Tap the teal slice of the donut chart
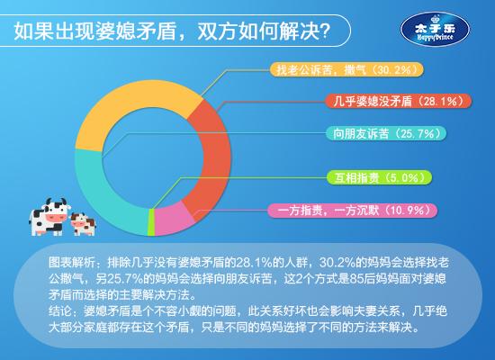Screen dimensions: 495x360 click(94, 190)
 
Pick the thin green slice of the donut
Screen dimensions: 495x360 click(151, 222)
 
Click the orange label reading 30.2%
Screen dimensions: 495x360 click(346, 69)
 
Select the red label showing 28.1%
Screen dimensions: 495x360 click(399, 101)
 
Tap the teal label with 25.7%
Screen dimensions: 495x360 click(386, 133)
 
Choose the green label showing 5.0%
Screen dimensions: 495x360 click(379, 178)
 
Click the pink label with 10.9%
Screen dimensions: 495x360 click(353, 211)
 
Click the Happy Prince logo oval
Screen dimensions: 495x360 click(435, 30)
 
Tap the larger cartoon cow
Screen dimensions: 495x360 click(49, 217)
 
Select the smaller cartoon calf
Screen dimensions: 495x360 click(84, 224)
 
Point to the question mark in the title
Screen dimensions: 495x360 click(326, 31)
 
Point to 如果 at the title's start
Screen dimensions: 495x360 click(33, 31)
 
